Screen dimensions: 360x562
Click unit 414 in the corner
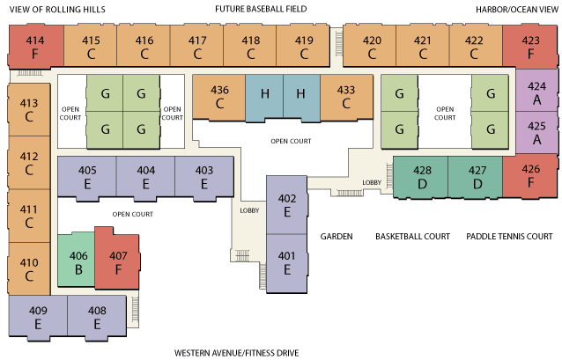coord(35,47)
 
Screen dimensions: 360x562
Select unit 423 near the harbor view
coord(530,47)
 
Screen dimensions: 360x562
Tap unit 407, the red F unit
coord(117,261)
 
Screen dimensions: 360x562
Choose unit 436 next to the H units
coord(219,96)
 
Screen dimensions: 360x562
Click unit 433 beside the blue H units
coord(345,96)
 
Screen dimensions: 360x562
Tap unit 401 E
coord(285,262)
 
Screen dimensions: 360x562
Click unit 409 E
coord(38,317)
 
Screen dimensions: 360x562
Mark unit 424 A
coord(536,93)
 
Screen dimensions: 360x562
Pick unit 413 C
coord(29,110)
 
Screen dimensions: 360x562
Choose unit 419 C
coord(304,47)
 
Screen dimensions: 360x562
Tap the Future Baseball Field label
coord(261,10)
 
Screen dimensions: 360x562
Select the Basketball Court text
coord(412,236)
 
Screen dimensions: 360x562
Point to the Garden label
coord(336,236)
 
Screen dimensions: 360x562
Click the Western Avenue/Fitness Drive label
coord(236,352)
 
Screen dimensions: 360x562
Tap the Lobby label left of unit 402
coord(248,210)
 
